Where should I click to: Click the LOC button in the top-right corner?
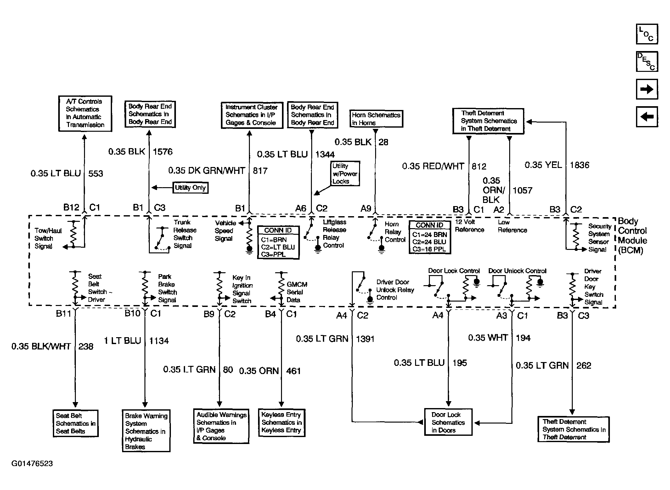coord(647,34)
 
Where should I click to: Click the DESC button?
coord(647,61)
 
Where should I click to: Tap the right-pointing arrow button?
coord(647,89)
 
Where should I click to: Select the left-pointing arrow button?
coord(647,117)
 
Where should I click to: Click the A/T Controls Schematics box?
coord(85,113)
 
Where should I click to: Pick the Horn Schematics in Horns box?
coord(376,119)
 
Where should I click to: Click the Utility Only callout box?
coord(190,188)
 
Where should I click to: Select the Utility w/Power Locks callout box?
coord(345,174)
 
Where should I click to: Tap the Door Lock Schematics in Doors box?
coord(448,422)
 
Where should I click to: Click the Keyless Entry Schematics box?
coord(281,422)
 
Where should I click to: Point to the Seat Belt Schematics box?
coord(76,423)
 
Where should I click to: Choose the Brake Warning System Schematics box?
coord(146,431)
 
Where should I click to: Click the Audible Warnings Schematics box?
coord(221,426)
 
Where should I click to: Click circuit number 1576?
coord(163,152)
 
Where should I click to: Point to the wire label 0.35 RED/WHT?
coord(433,166)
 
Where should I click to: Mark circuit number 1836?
coord(579,165)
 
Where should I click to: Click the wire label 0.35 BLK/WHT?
coord(41,346)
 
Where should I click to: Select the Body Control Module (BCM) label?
coord(632,235)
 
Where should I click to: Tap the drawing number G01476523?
coord(32,464)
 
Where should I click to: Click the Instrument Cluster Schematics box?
coord(252,115)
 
